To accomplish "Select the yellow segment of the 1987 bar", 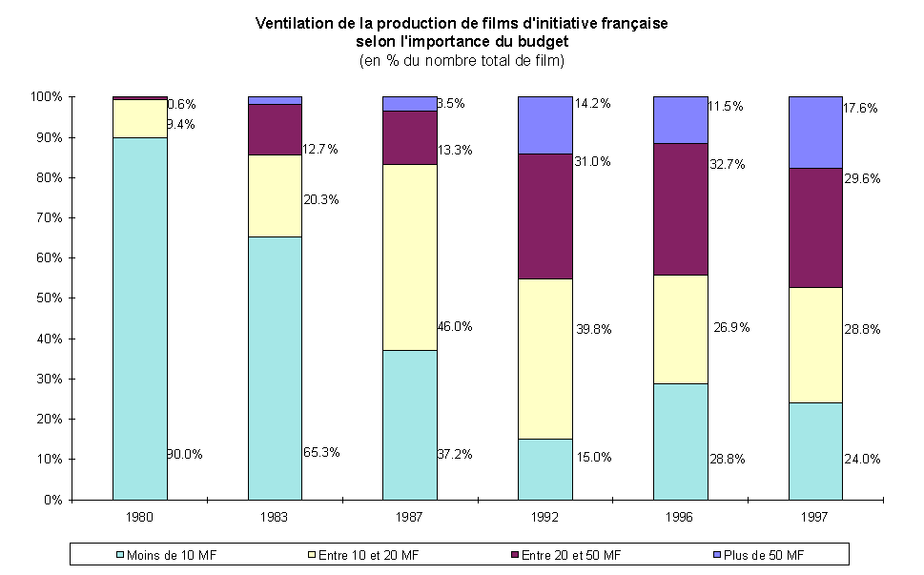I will click(x=409, y=257).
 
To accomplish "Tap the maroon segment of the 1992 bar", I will click(x=544, y=216).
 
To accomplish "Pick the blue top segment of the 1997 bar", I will click(x=815, y=132).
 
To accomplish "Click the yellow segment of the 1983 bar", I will click(x=275, y=195).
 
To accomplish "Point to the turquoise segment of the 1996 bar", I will click(x=680, y=441).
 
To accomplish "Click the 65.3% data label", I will click(x=320, y=452).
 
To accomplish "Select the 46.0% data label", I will click(x=454, y=326).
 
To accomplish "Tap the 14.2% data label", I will click(x=592, y=103).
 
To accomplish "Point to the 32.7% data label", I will click(x=729, y=164).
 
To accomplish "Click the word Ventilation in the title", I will click(x=292, y=24).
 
